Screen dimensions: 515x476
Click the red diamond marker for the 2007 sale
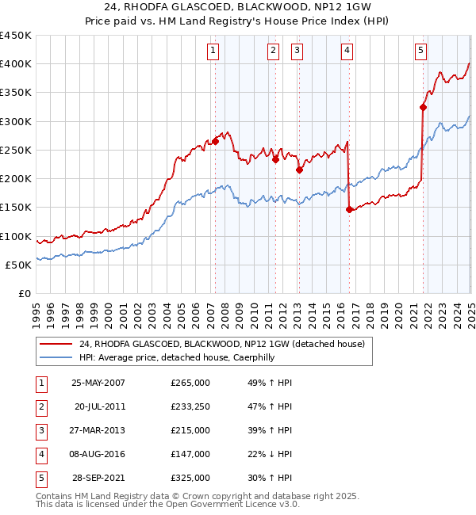(215, 142)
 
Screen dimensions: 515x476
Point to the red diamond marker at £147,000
(350, 209)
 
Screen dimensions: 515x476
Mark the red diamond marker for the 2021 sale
(424, 107)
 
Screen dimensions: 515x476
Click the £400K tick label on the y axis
(17, 64)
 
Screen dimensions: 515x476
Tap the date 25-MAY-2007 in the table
(98, 383)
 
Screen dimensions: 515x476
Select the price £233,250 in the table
(190, 406)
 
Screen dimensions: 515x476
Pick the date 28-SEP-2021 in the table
(98, 478)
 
